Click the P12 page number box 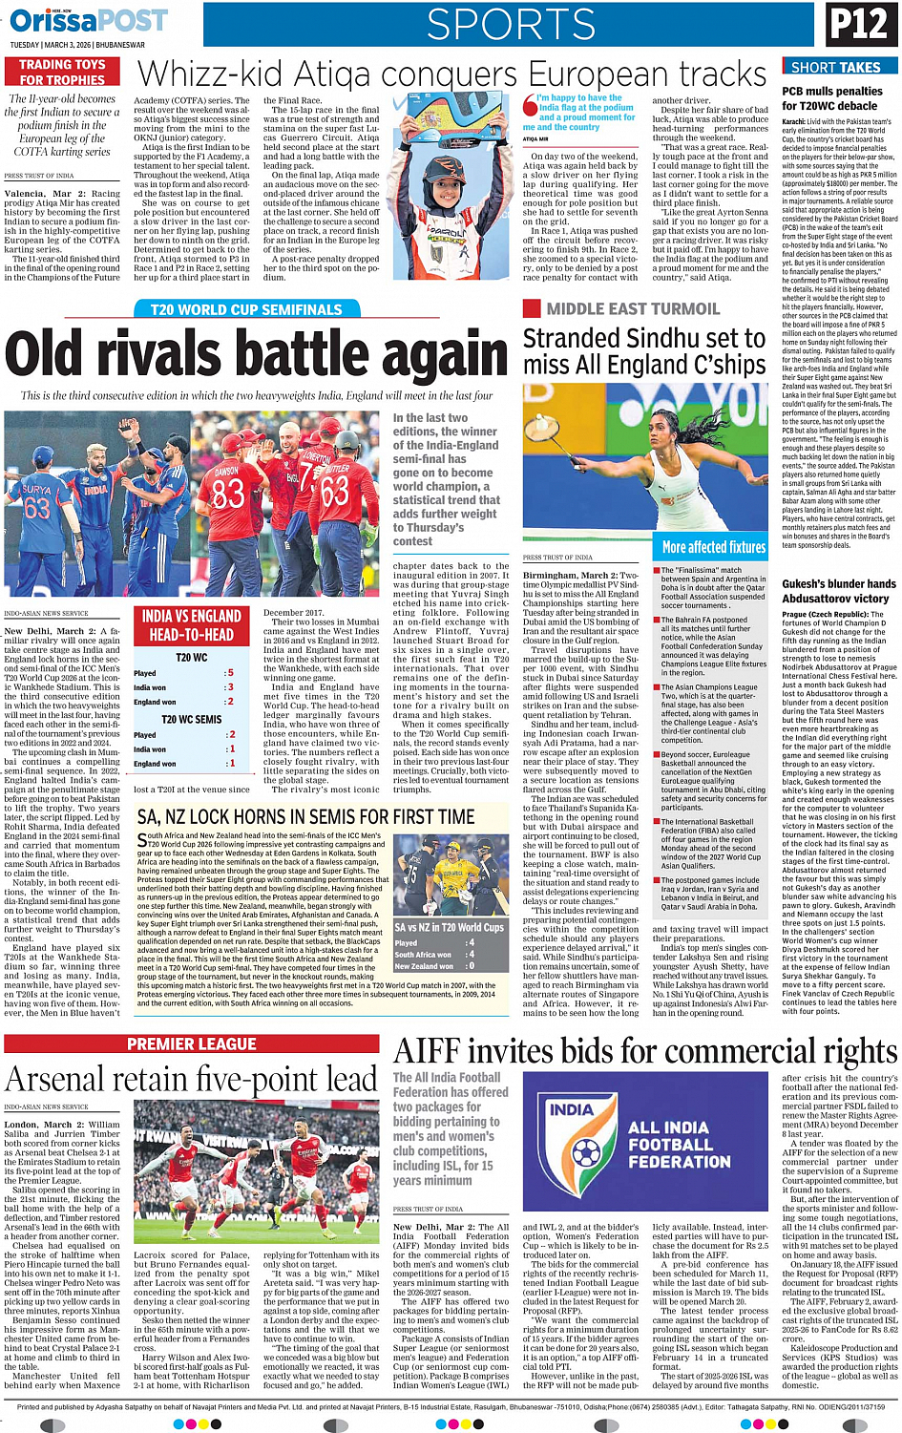click(858, 25)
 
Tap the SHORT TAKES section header click(835, 67)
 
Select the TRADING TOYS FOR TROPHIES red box click(63, 73)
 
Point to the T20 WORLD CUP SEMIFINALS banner click(246, 309)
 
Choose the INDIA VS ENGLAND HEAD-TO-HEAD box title click(192, 625)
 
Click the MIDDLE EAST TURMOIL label click(633, 309)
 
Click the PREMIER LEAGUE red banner click(192, 1044)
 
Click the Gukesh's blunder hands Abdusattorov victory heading click(838, 591)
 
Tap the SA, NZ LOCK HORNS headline click(305, 817)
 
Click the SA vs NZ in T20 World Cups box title click(450, 927)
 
